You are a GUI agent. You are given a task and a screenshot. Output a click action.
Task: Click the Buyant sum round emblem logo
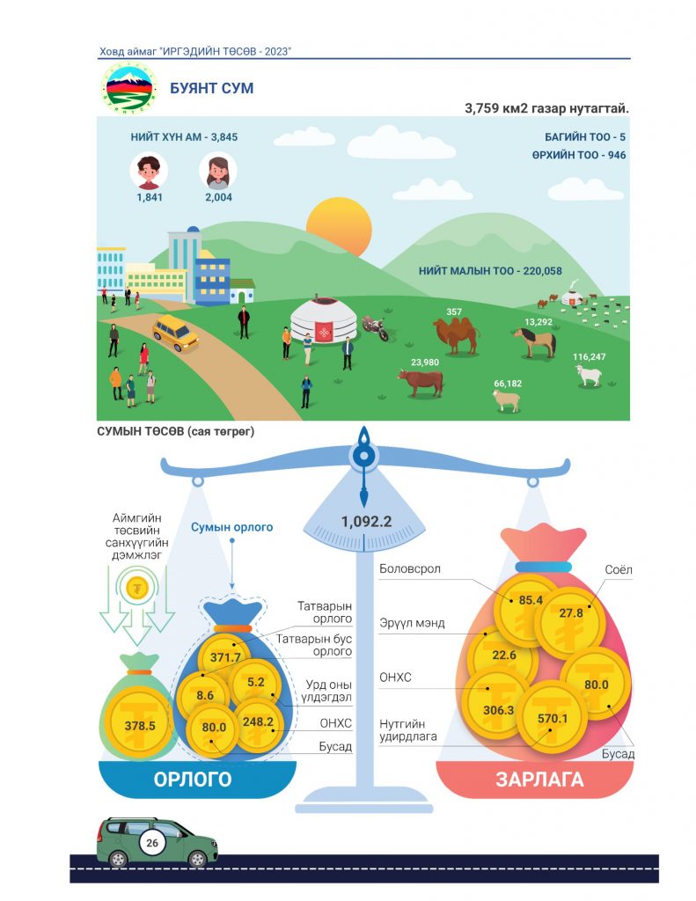(129, 88)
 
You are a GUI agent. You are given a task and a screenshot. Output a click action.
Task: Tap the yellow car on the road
(175, 333)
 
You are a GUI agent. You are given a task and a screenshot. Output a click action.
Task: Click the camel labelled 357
(456, 335)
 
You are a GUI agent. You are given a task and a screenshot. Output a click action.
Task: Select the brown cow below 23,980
(421, 382)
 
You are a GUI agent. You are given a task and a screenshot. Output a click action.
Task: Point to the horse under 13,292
(536, 342)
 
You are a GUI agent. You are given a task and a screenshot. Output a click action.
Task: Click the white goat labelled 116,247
(589, 375)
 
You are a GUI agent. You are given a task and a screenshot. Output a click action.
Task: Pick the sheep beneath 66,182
(506, 400)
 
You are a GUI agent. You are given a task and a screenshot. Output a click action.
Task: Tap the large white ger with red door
(324, 320)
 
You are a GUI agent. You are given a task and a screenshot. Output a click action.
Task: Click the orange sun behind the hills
(339, 226)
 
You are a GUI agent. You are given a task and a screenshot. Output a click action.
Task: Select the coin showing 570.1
(552, 717)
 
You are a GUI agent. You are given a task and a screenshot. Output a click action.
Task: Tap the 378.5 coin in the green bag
(140, 725)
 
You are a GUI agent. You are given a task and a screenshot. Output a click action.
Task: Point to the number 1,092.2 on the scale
(366, 521)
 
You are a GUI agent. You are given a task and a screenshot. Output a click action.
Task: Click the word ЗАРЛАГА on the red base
(539, 780)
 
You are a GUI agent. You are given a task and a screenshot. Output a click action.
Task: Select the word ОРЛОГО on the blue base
(193, 780)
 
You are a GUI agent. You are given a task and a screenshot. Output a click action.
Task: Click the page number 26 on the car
(151, 843)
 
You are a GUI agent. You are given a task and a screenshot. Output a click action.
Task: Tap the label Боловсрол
(410, 569)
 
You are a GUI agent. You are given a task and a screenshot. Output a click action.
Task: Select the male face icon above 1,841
(149, 171)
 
